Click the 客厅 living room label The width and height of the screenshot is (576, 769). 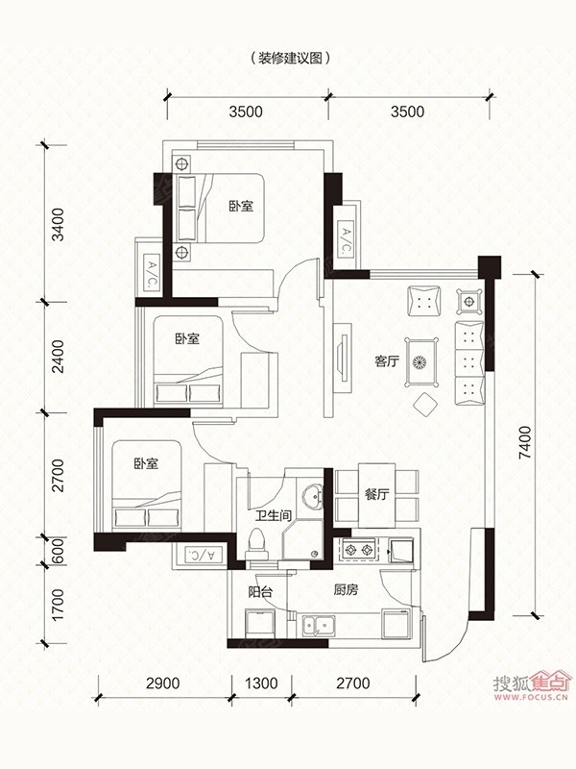point(387,362)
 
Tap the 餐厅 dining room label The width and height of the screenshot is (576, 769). point(376,494)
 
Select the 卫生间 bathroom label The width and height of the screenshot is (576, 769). point(274,515)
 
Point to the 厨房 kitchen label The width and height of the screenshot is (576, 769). point(346,590)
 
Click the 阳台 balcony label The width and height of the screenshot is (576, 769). point(260,591)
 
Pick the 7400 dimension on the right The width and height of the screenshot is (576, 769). point(524,442)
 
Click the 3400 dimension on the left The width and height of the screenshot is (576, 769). point(58,224)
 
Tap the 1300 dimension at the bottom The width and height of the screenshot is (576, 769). point(261,682)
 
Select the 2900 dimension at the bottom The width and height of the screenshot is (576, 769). point(162,682)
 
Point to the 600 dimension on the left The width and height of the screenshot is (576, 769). point(58,551)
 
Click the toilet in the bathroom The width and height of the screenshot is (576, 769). point(257,544)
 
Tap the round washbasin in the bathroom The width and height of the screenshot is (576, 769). point(311,496)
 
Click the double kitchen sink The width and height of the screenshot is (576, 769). point(319,626)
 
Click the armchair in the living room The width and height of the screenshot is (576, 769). point(424,301)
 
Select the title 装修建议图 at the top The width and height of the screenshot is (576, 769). point(290,59)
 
